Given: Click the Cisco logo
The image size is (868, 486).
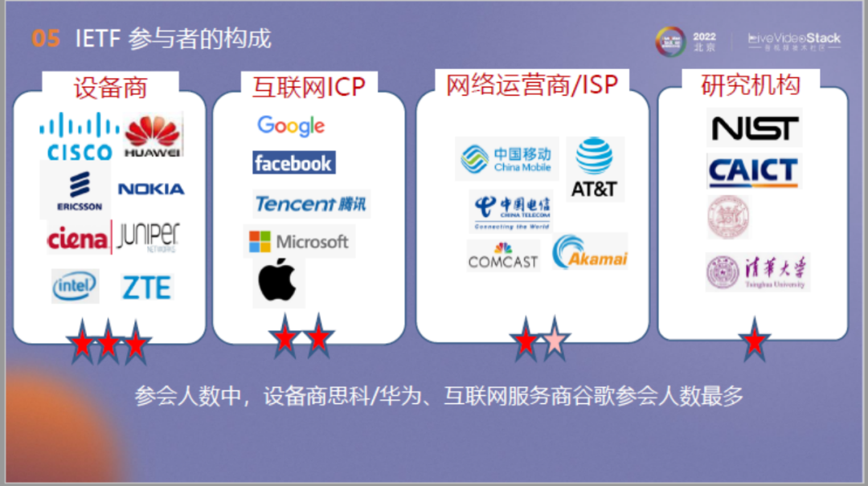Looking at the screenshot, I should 79,137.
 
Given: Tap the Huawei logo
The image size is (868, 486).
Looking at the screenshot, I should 153,135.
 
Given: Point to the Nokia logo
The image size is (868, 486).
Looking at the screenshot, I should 151,189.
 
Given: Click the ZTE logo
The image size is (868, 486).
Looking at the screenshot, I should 146,287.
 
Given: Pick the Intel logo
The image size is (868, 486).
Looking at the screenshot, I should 75,285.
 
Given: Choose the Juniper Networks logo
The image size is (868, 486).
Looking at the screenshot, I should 148,238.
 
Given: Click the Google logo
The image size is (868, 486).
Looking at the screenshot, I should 291,126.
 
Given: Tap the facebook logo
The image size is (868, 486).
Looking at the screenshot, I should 293,163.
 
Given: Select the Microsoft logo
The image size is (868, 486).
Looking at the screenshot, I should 299,241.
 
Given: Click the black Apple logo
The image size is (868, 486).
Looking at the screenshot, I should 277,281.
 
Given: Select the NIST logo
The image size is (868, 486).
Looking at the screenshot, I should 755,128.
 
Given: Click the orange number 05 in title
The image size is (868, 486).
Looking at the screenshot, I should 46,38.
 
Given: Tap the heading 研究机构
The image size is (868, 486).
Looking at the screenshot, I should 750,84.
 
